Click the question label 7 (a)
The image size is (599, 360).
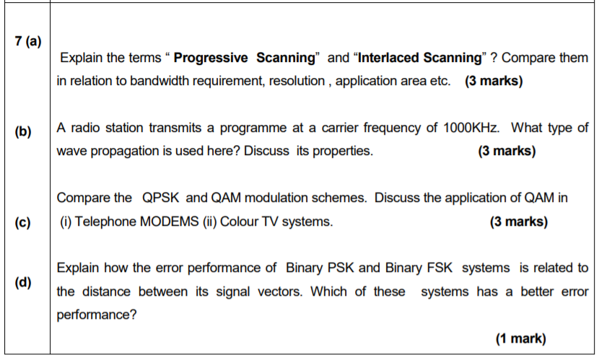(x=28, y=40)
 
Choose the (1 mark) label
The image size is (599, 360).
(x=520, y=338)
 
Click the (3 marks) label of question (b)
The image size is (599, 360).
(x=507, y=152)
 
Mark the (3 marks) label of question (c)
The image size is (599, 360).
(x=518, y=221)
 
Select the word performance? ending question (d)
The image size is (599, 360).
(x=97, y=315)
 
